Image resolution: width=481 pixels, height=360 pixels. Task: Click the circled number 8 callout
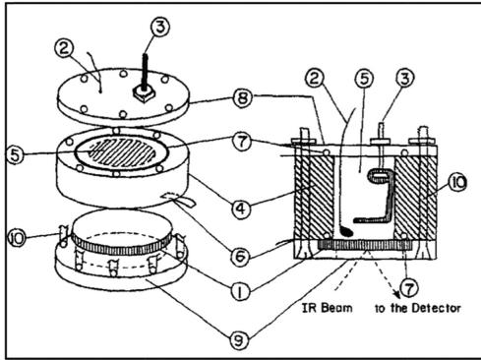coord(243,97)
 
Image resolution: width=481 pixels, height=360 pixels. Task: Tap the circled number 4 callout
coord(241,209)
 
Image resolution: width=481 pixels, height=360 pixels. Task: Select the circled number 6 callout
coord(240,256)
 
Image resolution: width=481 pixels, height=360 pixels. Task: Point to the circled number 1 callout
coord(240,291)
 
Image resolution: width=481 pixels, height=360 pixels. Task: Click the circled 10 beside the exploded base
coord(17,238)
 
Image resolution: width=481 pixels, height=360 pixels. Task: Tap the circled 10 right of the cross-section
coord(457,182)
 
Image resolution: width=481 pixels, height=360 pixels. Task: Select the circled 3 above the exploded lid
coord(160,27)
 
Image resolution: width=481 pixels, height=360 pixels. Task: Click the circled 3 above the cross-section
coord(405,79)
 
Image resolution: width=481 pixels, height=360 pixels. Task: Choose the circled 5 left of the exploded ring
coord(16,154)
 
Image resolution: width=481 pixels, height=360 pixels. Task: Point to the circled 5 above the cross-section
coord(364,79)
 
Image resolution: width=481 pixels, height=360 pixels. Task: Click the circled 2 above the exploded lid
coord(64,48)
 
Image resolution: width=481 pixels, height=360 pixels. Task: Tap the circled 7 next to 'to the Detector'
coord(409,288)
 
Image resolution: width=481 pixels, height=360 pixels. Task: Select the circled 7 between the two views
coord(242,143)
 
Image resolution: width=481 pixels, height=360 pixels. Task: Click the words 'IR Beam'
coord(327,308)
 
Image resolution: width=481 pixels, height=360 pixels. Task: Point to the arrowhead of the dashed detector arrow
coord(397,294)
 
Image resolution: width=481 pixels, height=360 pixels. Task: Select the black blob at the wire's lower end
coord(346,231)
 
